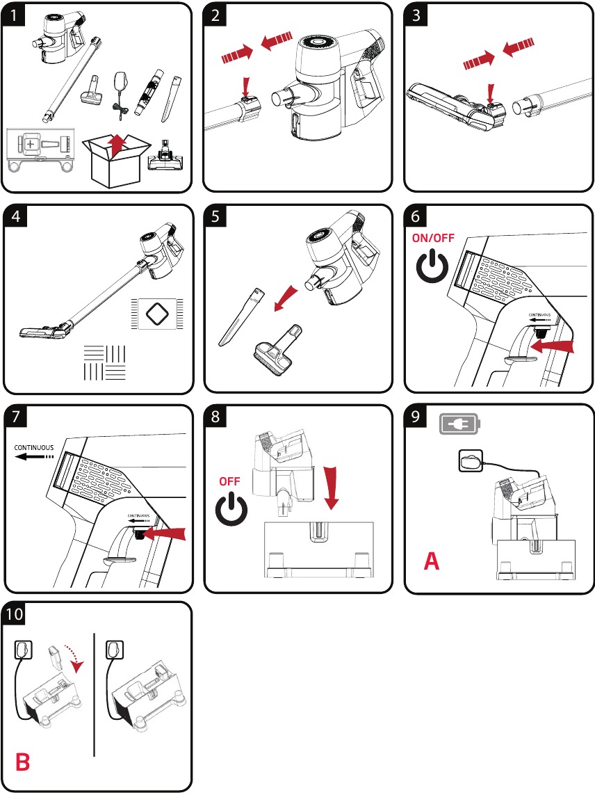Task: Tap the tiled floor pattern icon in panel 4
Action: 104,362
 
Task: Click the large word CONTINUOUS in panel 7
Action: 35,447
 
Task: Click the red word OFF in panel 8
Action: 230,481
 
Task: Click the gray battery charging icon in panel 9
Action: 458,424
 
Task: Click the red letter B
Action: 22,763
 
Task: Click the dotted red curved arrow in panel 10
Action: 72,656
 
